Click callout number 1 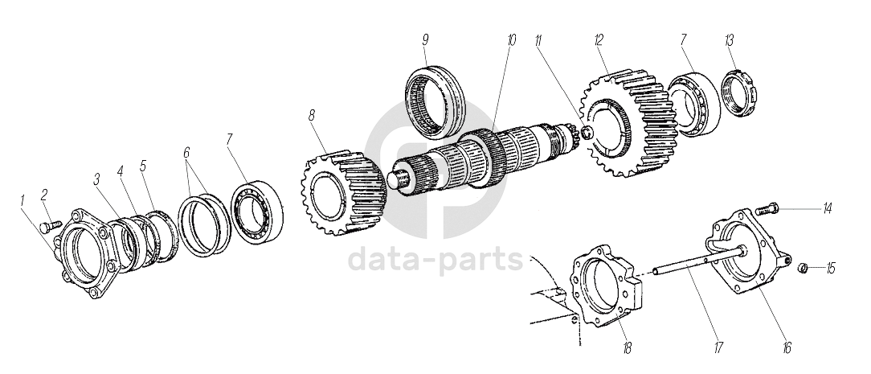(x=23, y=195)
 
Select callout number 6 (x=186, y=151)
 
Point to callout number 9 (x=426, y=39)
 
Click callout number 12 (x=599, y=39)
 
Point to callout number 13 (x=729, y=39)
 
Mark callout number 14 (x=827, y=209)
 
